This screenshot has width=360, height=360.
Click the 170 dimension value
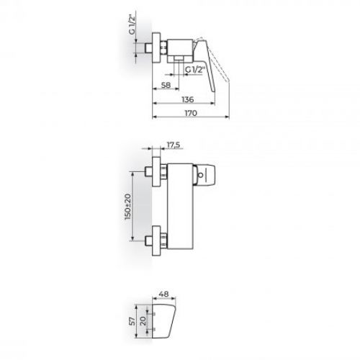191,113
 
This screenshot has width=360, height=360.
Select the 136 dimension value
188,99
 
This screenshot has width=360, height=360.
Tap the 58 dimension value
166,85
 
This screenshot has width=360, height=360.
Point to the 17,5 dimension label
174,145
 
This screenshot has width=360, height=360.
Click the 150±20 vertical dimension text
127,207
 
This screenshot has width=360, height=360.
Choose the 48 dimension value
164,294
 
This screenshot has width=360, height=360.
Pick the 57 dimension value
132,321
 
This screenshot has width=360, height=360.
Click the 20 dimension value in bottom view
143,321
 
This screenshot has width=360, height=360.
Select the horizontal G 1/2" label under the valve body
196,70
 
